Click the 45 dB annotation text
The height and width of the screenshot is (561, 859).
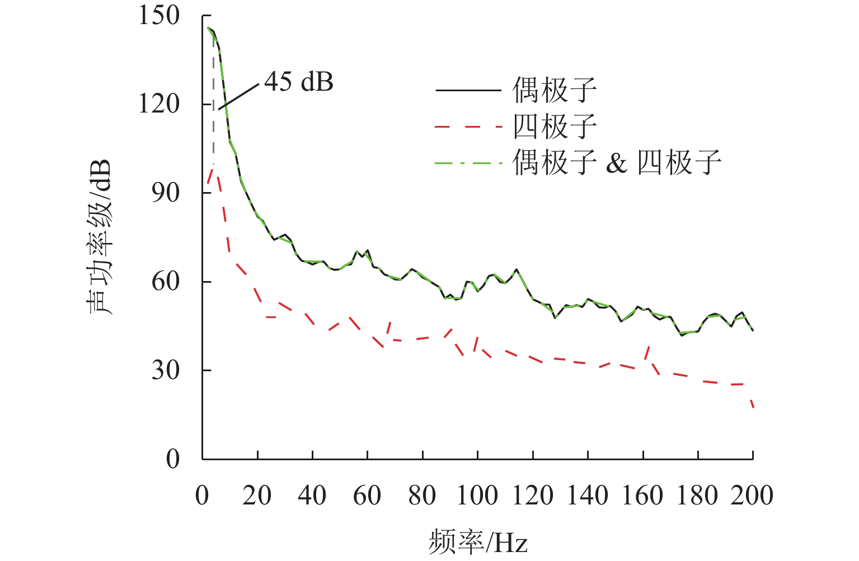pyautogui.click(x=298, y=82)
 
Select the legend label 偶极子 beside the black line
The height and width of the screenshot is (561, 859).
pyautogui.click(x=555, y=90)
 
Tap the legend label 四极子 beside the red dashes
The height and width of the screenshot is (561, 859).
pyautogui.click(x=555, y=127)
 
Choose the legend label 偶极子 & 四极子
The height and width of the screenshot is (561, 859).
pyautogui.click(x=616, y=163)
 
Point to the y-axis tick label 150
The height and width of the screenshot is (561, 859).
pyautogui.click(x=159, y=16)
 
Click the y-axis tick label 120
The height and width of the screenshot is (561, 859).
pyautogui.click(x=159, y=104)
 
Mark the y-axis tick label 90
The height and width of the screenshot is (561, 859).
pyautogui.click(x=166, y=193)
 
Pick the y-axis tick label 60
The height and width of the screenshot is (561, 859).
pyautogui.click(x=166, y=281)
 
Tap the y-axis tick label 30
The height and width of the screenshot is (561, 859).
pyautogui.click(x=166, y=370)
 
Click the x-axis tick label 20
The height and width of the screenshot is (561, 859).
pyautogui.click(x=257, y=495)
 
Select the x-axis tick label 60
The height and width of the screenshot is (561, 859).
pyautogui.click(x=367, y=495)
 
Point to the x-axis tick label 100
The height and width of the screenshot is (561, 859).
pyautogui.click(x=477, y=495)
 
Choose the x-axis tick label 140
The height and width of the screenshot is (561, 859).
pyautogui.click(x=588, y=495)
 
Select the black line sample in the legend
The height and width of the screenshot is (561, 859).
pyautogui.click(x=468, y=90)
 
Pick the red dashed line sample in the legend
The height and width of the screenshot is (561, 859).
pyautogui.click(x=468, y=127)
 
